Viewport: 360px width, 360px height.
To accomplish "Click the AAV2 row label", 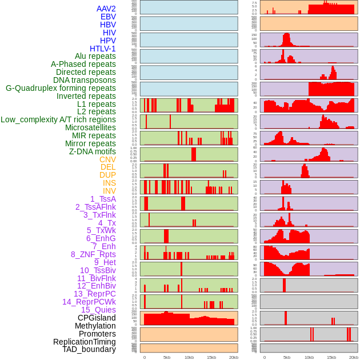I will tap(106, 9).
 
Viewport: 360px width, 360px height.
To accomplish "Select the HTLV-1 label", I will tap(103, 49).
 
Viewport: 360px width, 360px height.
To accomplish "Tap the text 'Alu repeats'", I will tap(95, 56).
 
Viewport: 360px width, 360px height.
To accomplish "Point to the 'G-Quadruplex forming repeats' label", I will tap(61, 88).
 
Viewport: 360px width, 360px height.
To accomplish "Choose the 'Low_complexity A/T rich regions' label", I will tap(58, 119).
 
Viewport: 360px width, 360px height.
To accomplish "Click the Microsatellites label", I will tap(90, 127).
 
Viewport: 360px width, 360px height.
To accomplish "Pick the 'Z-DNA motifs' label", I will tap(93, 151).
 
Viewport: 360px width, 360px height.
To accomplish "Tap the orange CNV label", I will tap(107, 159).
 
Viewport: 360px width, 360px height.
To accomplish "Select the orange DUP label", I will tap(107, 175).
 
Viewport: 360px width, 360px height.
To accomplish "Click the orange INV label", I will tap(109, 191).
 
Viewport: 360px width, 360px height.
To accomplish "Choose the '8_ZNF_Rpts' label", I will tap(93, 254).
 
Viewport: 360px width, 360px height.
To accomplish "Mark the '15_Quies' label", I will tap(98, 310).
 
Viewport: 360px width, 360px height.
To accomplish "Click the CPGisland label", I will tap(97, 318).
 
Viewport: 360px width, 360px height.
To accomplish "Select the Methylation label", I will tap(95, 326).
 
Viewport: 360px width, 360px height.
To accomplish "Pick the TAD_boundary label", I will tap(89, 349).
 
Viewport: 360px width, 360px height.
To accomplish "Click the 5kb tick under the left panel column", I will tap(167, 357).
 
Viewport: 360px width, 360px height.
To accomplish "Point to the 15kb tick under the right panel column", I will tap(331, 357).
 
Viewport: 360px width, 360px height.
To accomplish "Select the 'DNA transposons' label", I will tap(85, 80).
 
